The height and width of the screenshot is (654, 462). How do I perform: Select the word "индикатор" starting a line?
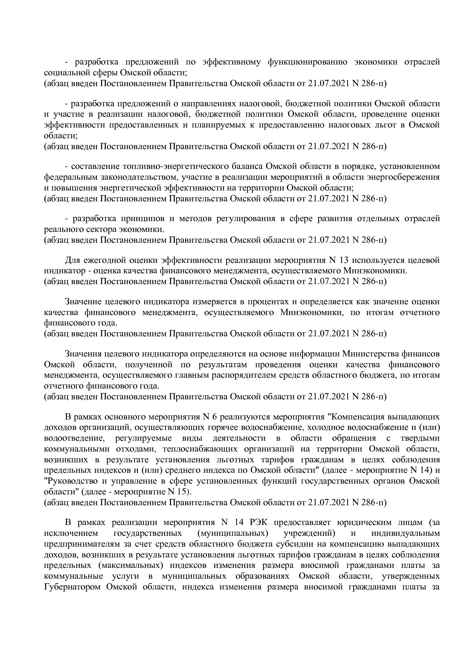(59, 270)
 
